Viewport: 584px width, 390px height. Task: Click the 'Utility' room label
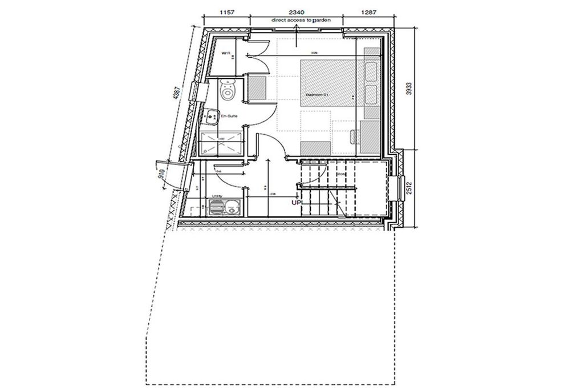[217, 196]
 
